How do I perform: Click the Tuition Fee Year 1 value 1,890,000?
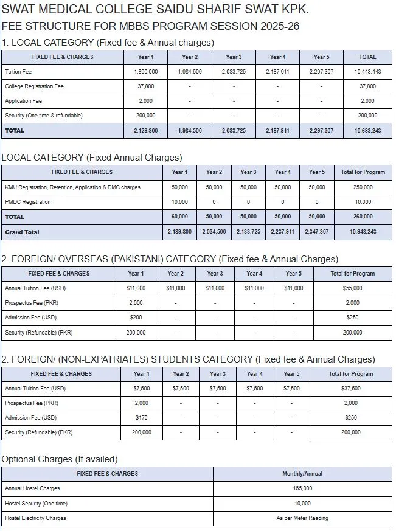(145, 72)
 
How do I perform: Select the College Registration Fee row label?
(34, 86)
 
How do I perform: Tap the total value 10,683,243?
(367, 131)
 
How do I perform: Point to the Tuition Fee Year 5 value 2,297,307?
(321, 72)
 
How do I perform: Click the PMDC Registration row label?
(28, 202)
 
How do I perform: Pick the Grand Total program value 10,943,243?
(363, 232)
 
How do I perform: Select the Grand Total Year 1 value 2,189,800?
(179, 232)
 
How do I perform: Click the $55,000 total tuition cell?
(353, 288)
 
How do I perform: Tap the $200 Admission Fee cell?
(136, 318)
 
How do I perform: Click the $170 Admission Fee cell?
(141, 418)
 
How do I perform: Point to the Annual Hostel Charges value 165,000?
(302, 488)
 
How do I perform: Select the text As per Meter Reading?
(302, 518)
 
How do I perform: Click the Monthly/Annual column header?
(302, 474)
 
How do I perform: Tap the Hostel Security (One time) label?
(36, 504)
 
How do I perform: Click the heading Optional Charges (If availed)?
(60, 459)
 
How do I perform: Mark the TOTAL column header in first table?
(367, 57)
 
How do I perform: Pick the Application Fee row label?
(23, 101)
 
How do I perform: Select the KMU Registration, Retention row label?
(72, 187)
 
